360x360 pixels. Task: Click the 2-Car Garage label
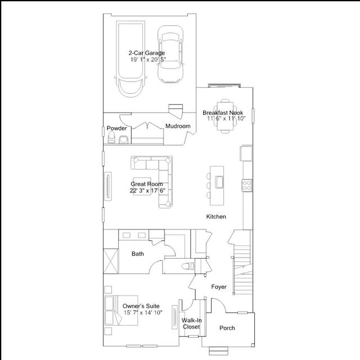[x=146, y=53]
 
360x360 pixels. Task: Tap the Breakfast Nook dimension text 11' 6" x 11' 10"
[x=226, y=119]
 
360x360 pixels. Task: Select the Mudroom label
[x=178, y=126]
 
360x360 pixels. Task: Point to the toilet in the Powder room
[x=111, y=137]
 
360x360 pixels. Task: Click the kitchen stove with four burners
[x=247, y=186]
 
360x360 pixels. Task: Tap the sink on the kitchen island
[x=219, y=182]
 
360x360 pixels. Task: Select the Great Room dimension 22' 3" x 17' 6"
[x=147, y=191]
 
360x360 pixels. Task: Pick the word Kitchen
[x=216, y=217]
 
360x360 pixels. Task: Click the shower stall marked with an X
[x=111, y=261]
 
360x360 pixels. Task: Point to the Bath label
[x=138, y=254]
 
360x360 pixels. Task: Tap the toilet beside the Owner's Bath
[x=187, y=266]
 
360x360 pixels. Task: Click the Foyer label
[x=219, y=287]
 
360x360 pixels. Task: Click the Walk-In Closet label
[x=191, y=323]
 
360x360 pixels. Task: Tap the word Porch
[x=227, y=328]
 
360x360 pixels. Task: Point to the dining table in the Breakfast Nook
[x=225, y=116]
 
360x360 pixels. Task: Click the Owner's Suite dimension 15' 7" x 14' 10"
[x=143, y=313]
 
